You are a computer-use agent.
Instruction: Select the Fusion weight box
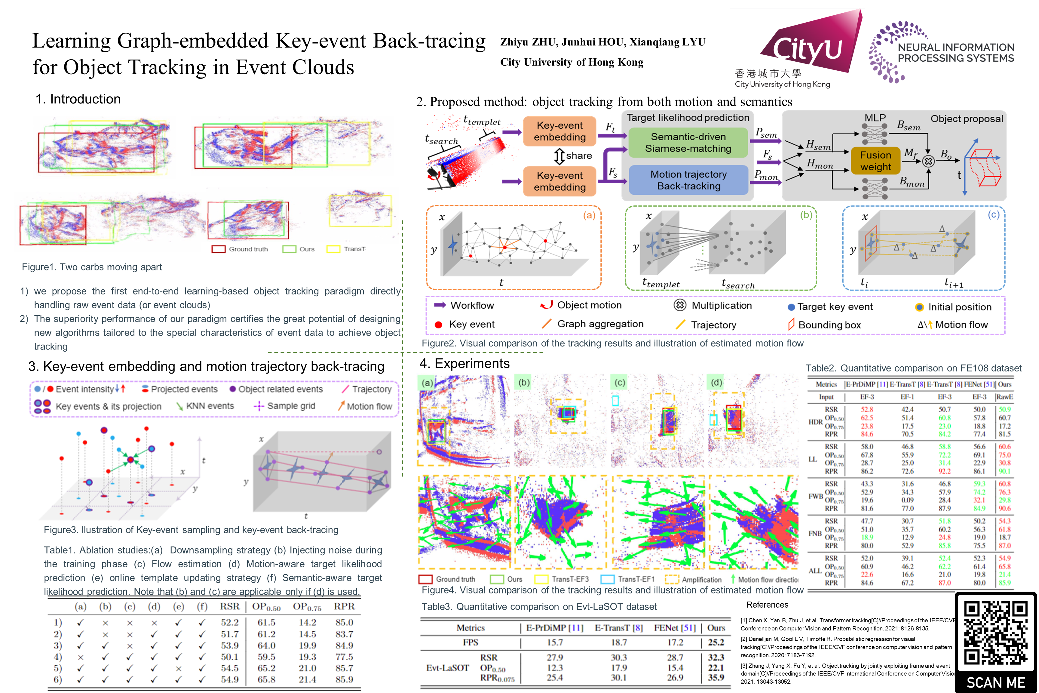coord(875,161)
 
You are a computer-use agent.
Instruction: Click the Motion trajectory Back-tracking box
coord(688,180)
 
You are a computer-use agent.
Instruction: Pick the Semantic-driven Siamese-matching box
coord(688,142)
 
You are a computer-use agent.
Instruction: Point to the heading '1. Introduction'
coord(78,99)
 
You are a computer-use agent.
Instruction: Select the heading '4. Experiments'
coord(464,363)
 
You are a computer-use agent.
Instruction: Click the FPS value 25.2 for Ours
coord(716,642)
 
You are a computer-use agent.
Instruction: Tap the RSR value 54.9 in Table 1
coord(230,679)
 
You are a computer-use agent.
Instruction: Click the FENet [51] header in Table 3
coord(675,628)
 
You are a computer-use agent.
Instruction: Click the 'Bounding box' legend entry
coord(829,325)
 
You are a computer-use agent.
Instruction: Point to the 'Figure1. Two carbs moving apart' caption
coord(92,267)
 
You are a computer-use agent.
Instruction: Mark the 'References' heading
coord(767,605)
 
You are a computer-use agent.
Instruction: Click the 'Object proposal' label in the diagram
coord(967,119)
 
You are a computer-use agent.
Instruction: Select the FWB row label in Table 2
coord(815,496)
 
